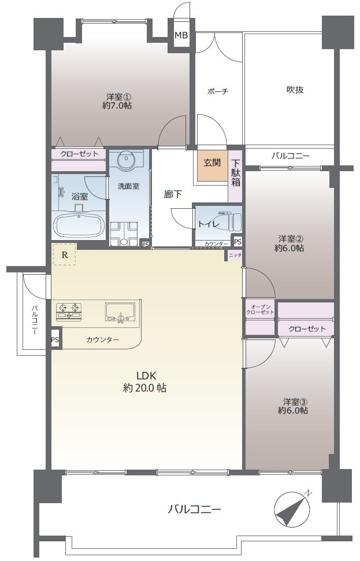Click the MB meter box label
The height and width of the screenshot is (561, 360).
(181, 35)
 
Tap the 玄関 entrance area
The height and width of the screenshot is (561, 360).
(213, 165)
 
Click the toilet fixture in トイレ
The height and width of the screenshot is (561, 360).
(229, 222)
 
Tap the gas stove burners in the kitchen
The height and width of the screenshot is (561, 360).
(69, 311)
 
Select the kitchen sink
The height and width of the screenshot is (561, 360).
(120, 312)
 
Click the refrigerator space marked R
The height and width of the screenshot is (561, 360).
(64, 254)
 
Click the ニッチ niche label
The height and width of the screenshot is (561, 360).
(235, 255)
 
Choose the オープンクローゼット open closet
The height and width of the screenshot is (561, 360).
(260, 318)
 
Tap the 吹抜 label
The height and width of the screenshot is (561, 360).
(295, 90)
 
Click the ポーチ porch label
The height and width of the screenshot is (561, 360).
(218, 91)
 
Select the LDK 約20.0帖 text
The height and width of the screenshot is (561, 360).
(145, 382)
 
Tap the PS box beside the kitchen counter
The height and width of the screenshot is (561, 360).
(55, 339)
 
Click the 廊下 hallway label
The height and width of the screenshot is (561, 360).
(173, 194)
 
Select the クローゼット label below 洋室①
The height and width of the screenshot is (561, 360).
(79, 154)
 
